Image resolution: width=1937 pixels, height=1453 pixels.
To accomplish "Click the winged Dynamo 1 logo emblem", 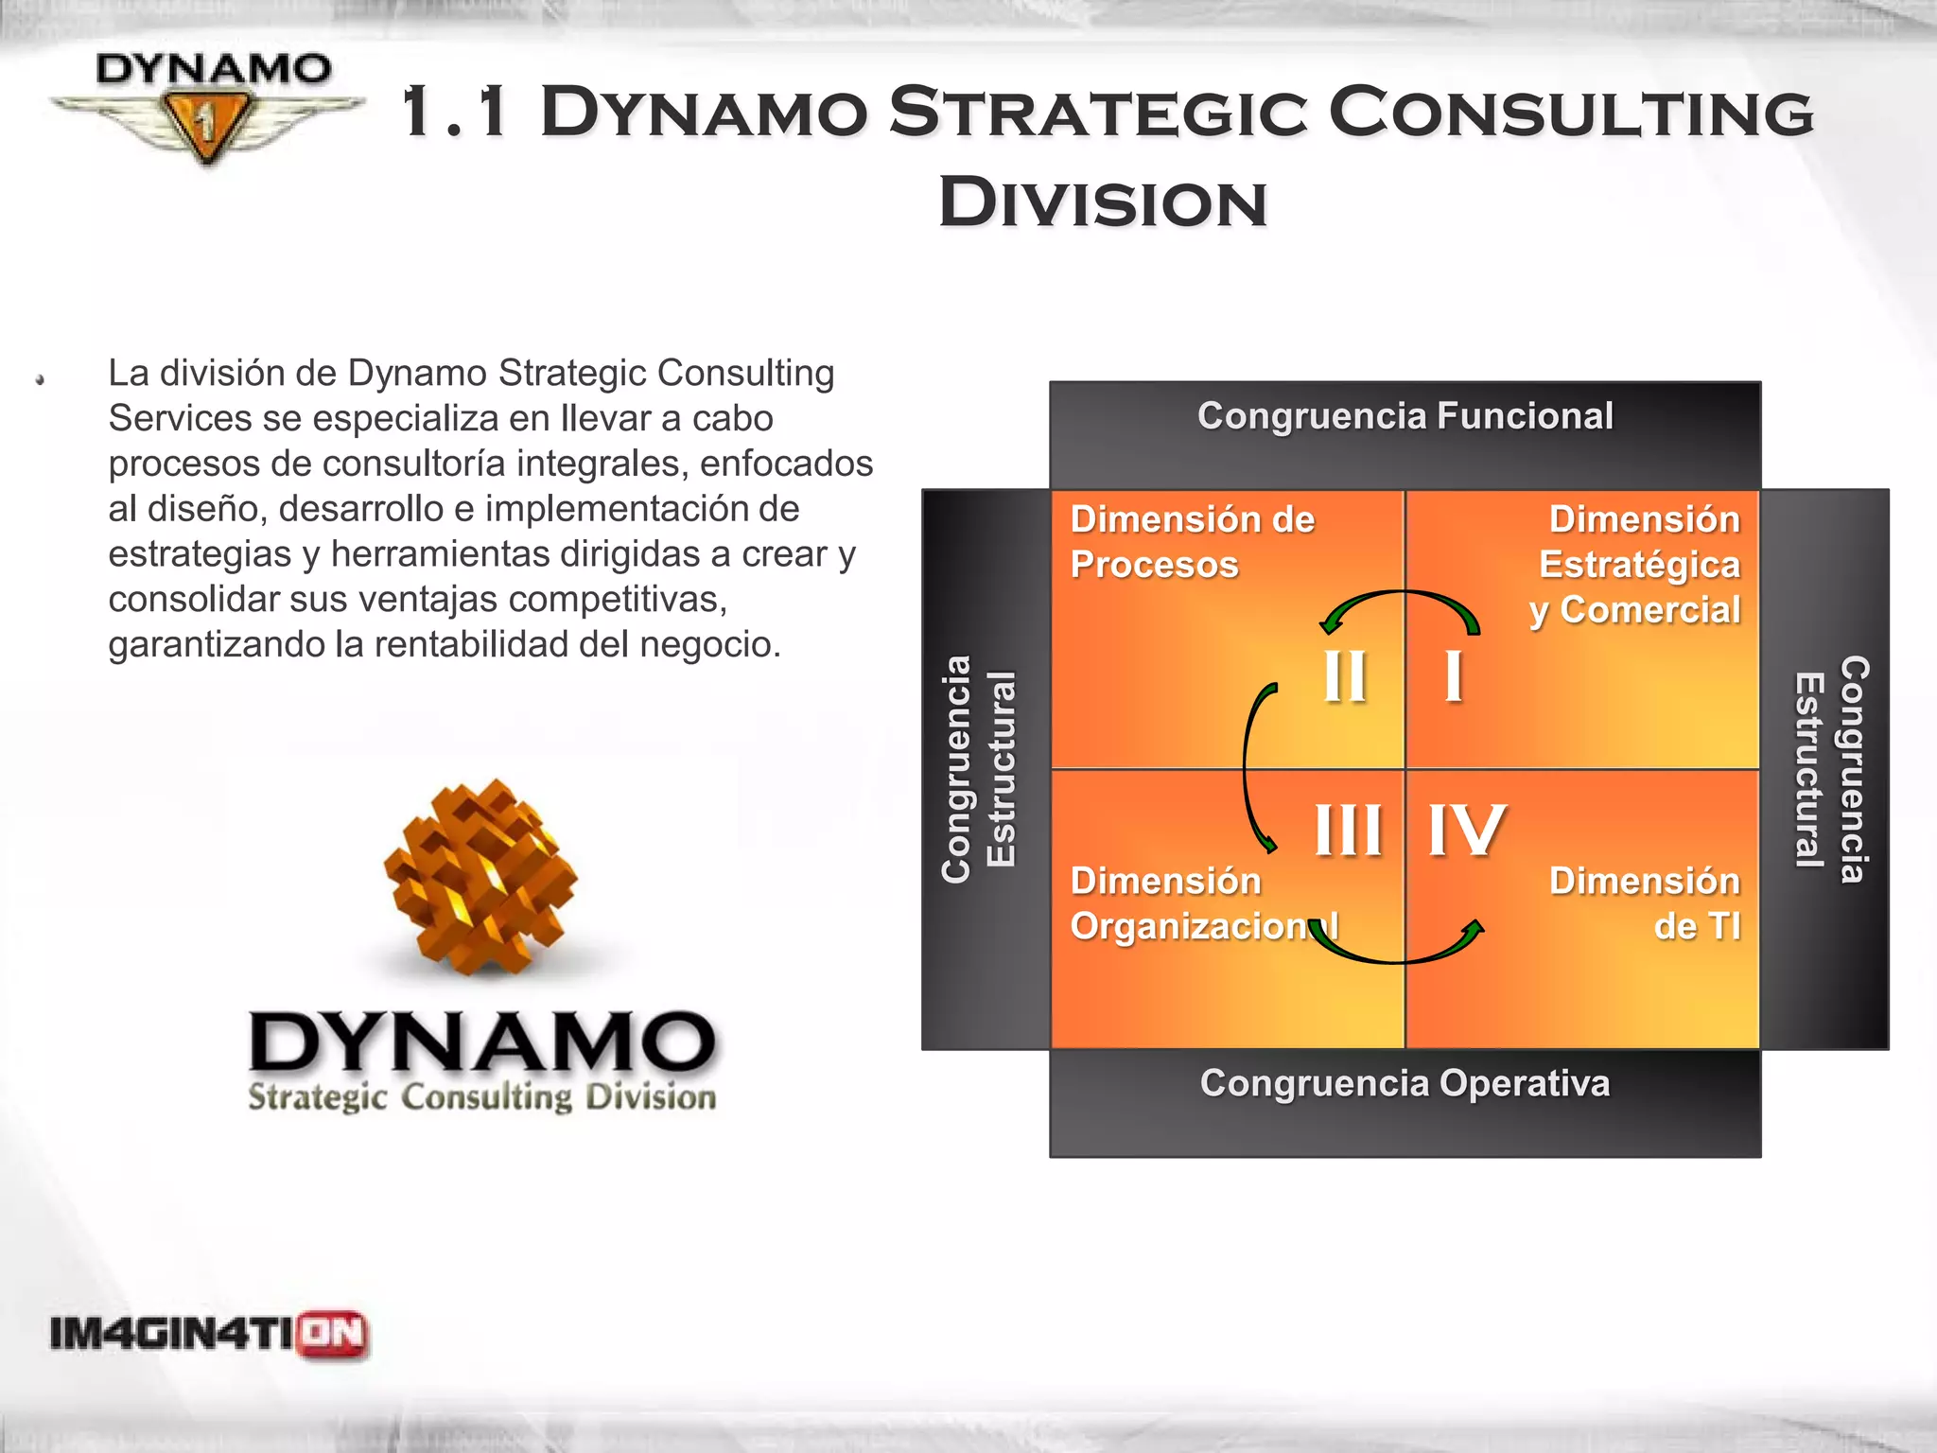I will coord(207,107).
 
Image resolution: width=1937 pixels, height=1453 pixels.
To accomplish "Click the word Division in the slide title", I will coord(1102,202).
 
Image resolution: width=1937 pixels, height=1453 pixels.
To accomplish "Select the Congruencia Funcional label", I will coord(1405,416).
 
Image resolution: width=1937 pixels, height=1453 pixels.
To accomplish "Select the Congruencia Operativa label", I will coord(1405,1083).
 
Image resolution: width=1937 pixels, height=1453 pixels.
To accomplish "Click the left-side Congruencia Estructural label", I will coord(979,769).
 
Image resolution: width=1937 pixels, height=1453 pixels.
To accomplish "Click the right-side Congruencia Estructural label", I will coord(1831,769).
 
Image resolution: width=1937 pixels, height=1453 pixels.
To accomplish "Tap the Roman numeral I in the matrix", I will coord(1454,675).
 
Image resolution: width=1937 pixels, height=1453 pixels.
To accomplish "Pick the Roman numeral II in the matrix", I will coord(1344,675).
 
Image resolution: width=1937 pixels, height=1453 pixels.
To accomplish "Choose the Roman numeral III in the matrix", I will coord(1348,831).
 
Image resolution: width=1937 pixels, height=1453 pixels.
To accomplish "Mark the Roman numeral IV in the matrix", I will coord(1465,831).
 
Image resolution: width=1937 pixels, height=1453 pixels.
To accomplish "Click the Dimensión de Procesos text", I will coord(1192,542).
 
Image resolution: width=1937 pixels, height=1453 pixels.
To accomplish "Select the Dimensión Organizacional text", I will coord(1201,903).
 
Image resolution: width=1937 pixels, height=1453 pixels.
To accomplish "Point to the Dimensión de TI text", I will coord(1646,903).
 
